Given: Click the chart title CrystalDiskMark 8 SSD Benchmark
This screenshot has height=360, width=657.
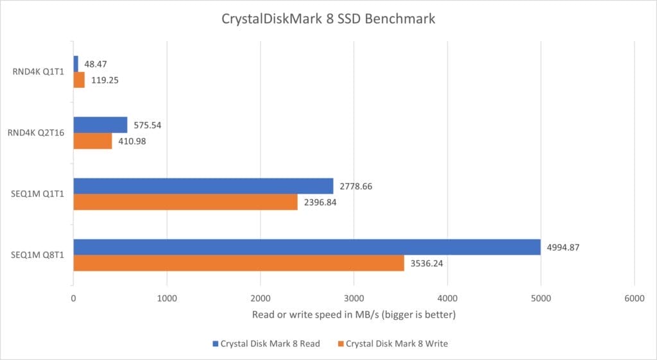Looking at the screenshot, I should [328, 19].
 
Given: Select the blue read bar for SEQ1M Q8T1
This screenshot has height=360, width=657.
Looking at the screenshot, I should [307, 247].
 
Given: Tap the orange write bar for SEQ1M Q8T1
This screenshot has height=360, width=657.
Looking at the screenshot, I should [239, 263].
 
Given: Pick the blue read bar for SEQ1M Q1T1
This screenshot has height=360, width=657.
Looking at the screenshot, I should [203, 186].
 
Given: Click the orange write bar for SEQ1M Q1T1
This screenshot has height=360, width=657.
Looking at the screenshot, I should [185, 202].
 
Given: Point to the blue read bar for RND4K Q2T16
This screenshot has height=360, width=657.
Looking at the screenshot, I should [100, 124].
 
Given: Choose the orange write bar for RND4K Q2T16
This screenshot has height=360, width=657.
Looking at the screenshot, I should [92, 141].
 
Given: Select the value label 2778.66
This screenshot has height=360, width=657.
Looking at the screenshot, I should [359, 186].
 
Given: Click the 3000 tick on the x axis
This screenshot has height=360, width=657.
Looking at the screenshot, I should [354, 298].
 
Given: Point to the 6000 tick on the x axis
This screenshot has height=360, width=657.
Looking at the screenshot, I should [634, 298].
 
